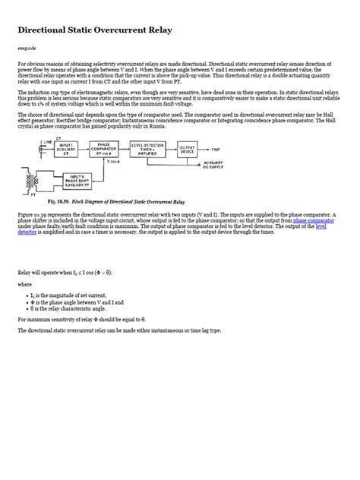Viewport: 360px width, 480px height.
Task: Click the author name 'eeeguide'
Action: point(27,49)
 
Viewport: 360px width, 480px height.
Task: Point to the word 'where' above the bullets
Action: point(25,284)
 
